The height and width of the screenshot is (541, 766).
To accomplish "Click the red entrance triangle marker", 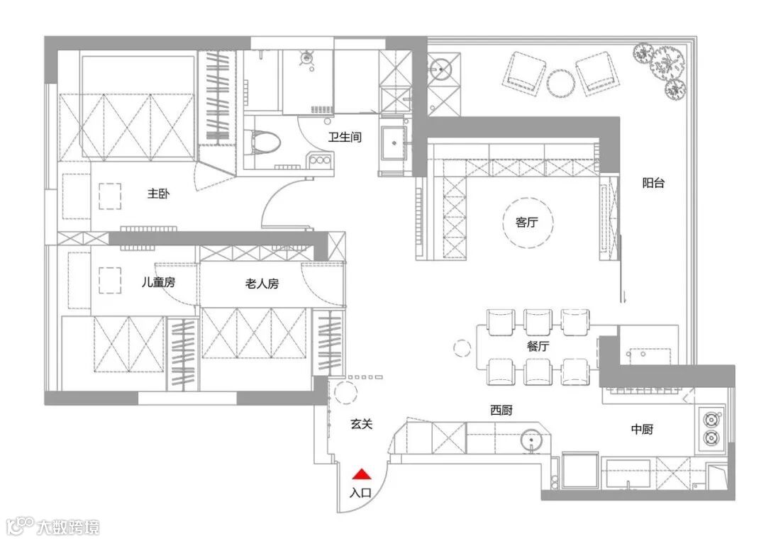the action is pyautogui.click(x=362, y=474).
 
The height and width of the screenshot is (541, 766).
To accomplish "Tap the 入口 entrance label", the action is pyautogui.click(x=360, y=493).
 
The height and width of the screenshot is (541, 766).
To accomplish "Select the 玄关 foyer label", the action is pyautogui.click(x=362, y=424).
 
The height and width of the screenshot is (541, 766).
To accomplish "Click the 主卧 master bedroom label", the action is pyautogui.click(x=158, y=194).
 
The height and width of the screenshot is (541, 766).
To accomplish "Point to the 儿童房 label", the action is pyautogui.click(x=158, y=282).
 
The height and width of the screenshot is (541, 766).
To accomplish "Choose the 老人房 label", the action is pyautogui.click(x=262, y=284).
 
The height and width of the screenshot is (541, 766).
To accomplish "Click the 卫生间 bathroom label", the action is pyautogui.click(x=345, y=137).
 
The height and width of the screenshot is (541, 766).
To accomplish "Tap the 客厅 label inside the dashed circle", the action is pyautogui.click(x=526, y=222).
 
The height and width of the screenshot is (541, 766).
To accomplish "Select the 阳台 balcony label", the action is pyautogui.click(x=653, y=183).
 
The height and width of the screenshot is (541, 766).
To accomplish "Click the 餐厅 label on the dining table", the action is pyautogui.click(x=538, y=346).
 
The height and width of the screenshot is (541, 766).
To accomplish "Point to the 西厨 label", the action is pyautogui.click(x=501, y=411).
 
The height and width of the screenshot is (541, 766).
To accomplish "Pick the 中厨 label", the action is pyautogui.click(x=642, y=429).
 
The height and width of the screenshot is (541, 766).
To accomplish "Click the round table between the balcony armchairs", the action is pyautogui.click(x=561, y=84).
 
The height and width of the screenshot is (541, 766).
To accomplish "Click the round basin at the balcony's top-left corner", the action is pyautogui.click(x=441, y=69).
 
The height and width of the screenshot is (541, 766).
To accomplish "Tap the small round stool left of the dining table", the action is pyautogui.click(x=462, y=348).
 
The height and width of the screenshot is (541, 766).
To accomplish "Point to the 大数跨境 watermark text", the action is pyautogui.click(x=68, y=528).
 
